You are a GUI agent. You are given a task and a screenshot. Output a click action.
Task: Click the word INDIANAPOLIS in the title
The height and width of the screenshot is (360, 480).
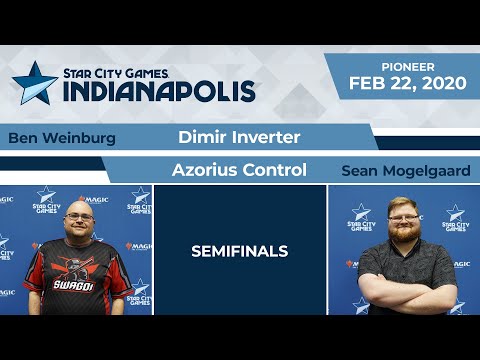[x=160, y=89]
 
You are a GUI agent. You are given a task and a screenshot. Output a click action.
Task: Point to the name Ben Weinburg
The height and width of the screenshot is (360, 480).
[x=61, y=138]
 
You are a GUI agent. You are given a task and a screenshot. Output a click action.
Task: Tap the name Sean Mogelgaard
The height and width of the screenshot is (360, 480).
[x=405, y=171]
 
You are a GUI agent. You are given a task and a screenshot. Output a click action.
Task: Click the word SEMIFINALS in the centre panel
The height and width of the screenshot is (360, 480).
[x=240, y=251]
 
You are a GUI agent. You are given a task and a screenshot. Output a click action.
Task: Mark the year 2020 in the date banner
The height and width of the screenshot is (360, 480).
[x=441, y=83]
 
